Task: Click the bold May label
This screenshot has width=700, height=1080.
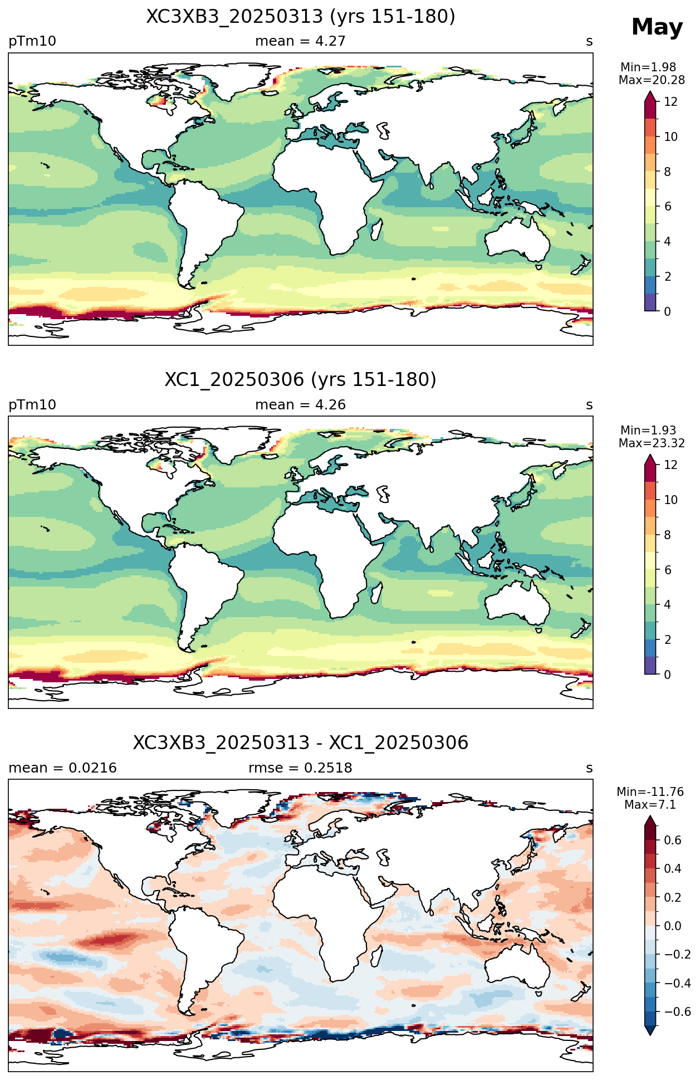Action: pyautogui.click(x=657, y=27)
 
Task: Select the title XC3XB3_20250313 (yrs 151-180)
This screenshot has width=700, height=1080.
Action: pyautogui.click(x=301, y=17)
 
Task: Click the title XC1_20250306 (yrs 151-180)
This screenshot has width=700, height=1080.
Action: pyautogui.click(x=301, y=380)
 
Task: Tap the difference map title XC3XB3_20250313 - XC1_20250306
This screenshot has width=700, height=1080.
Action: pyautogui.click(x=301, y=743)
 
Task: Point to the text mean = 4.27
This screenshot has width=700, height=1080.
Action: pyautogui.click(x=300, y=41)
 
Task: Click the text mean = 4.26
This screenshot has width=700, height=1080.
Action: pyautogui.click(x=300, y=405)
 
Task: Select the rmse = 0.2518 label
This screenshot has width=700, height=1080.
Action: pyautogui.click(x=300, y=768)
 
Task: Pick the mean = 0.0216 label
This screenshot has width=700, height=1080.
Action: pyautogui.click(x=62, y=768)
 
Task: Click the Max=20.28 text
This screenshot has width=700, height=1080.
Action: pyautogui.click(x=652, y=80)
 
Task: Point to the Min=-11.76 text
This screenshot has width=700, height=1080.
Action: pyautogui.click(x=650, y=792)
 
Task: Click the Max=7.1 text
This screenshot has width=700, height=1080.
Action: pyautogui.click(x=650, y=805)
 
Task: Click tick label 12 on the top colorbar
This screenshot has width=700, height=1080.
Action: pyautogui.click(x=671, y=102)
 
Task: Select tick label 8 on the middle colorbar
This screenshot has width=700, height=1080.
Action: pyautogui.click(x=668, y=535)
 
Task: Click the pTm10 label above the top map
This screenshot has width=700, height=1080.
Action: pyautogui.click(x=32, y=41)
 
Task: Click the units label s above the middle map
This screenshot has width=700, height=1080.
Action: pyautogui.click(x=589, y=405)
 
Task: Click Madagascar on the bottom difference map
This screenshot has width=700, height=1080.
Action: pyautogui.click(x=376, y=955)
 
